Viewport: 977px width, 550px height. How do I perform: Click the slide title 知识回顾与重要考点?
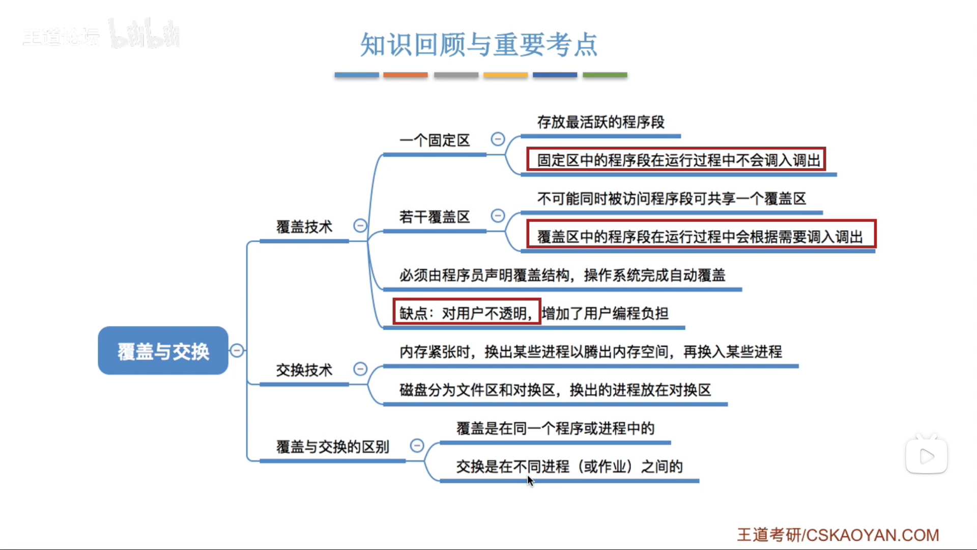click(x=478, y=45)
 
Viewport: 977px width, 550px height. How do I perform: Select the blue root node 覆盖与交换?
click(x=163, y=351)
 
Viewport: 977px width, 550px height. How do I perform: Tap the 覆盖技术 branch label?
click(x=304, y=227)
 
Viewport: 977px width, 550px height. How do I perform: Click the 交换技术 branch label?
click(x=304, y=370)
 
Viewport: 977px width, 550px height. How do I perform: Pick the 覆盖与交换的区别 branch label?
click(x=332, y=447)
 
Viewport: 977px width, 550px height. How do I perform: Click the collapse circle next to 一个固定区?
click(x=498, y=139)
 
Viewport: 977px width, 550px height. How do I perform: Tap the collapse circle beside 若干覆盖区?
click(x=498, y=216)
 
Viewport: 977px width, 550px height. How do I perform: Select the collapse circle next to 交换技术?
click(x=360, y=369)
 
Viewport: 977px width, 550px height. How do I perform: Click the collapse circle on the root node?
click(x=237, y=350)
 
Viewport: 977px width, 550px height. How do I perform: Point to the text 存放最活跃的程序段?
click(x=600, y=122)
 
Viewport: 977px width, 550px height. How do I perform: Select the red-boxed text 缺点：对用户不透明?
click(x=466, y=313)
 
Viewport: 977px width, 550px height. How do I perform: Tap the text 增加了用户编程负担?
click(x=605, y=313)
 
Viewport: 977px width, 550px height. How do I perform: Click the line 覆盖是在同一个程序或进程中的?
click(x=555, y=428)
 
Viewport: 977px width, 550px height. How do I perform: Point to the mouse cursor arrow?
click(x=530, y=480)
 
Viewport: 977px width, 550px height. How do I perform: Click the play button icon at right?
click(x=927, y=456)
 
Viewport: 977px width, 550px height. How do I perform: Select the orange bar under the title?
click(x=405, y=75)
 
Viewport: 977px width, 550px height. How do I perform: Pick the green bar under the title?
click(x=605, y=75)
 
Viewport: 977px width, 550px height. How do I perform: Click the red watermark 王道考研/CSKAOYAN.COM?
click(x=838, y=535)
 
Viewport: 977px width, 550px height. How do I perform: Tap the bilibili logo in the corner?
click(x=145, y=35)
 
